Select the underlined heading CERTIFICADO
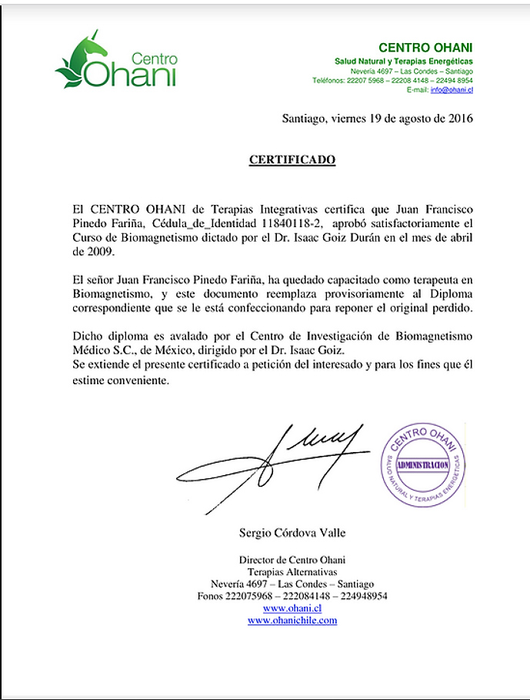pyautogui.click(x=292, y=159)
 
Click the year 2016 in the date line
pyautogui.click(x=459, y=119)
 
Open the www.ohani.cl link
pyautogui.click(x=292, y=608)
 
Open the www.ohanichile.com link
pyautogui.click(x=292, y=620)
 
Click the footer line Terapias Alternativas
pyautogui.click(x=292, y=572)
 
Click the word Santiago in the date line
pyautogui.click(x=304, y=119)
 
